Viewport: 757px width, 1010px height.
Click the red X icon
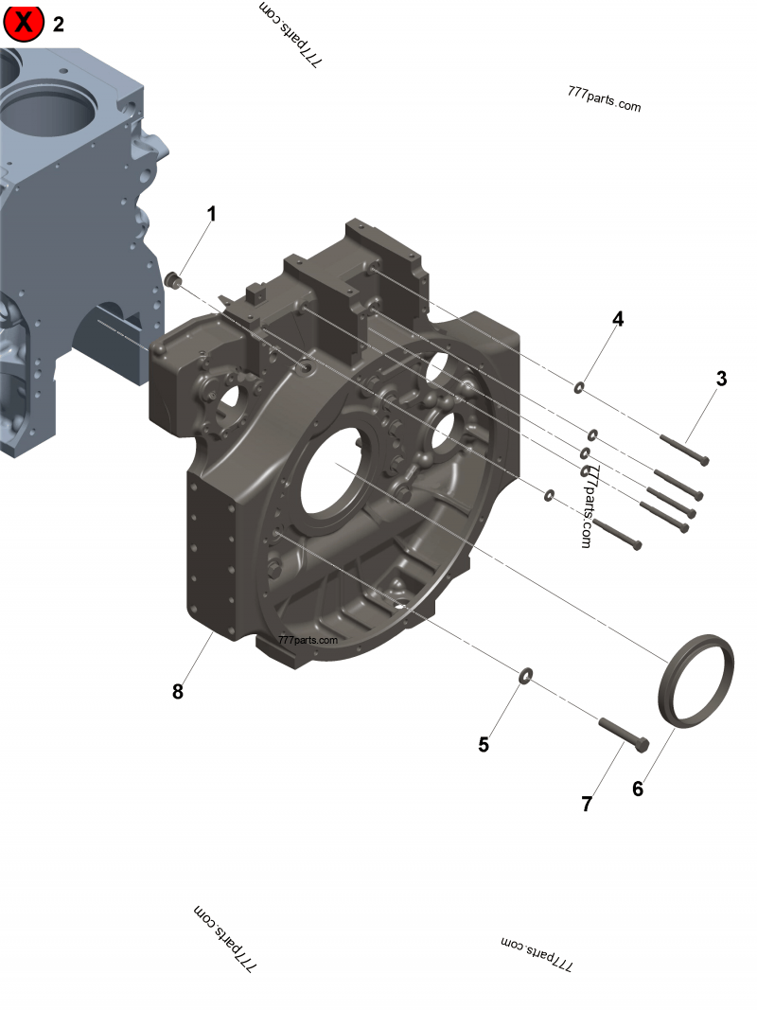pos(24,24)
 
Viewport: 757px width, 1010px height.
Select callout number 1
pos(212,214)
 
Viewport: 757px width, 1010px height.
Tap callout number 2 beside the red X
pos(59,25)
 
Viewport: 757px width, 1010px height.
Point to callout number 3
pos(721,380)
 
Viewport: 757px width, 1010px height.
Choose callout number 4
pos(618,319)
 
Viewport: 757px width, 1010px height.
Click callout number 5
pos(484,745)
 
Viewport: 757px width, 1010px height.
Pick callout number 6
pos(638,789)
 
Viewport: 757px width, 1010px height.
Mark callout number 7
pos(587,805)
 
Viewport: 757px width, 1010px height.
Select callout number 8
pos(178,692)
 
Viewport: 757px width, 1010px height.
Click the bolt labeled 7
pos(624,735)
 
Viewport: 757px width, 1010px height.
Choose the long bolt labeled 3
pos(683,449)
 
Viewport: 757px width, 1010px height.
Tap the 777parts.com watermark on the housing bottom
pos(308,640)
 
